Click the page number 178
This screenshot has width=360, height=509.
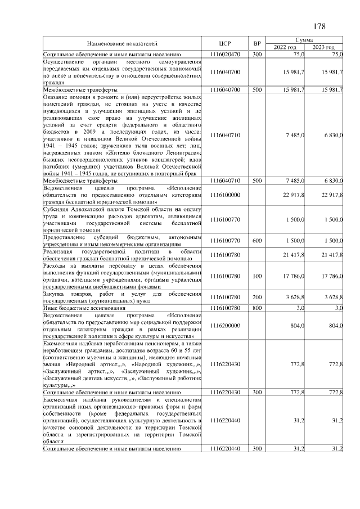pos(319,26)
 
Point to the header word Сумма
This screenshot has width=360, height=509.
pos(308,40)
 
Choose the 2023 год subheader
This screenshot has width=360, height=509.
pos(324,47)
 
